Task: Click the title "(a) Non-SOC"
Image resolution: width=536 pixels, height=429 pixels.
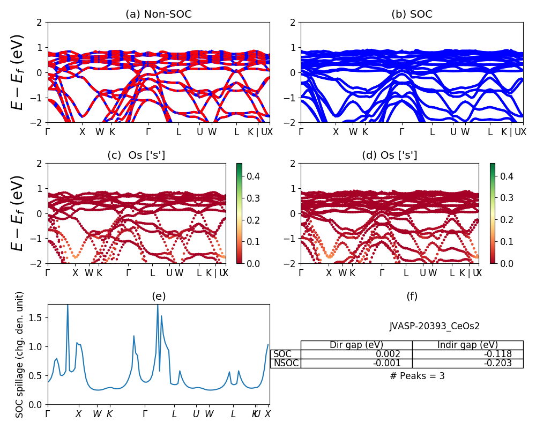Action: click(x=158, y=14)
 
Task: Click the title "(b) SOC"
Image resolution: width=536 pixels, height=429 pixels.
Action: click(x=412, y=14)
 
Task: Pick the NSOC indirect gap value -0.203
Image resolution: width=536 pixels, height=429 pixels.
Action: click(x=496, y=363)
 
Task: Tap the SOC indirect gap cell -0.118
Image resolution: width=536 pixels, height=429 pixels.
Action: click(x=496, y=354)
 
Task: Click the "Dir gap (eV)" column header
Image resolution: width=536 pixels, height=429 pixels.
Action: click(x=356, y=345)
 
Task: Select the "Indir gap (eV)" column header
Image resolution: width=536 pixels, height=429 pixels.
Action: click(x=467, y=345)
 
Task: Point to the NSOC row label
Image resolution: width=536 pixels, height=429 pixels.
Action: click(x=286, y=363)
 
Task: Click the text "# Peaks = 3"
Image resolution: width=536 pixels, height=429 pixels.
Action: click(x=417, y=376)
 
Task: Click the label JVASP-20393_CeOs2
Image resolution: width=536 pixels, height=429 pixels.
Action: click(x=434, y=326)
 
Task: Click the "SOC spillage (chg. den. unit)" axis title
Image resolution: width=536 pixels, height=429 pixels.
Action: click(x=20, y=354)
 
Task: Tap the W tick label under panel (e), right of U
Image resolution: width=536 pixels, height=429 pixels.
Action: click(x=209, y=414)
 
